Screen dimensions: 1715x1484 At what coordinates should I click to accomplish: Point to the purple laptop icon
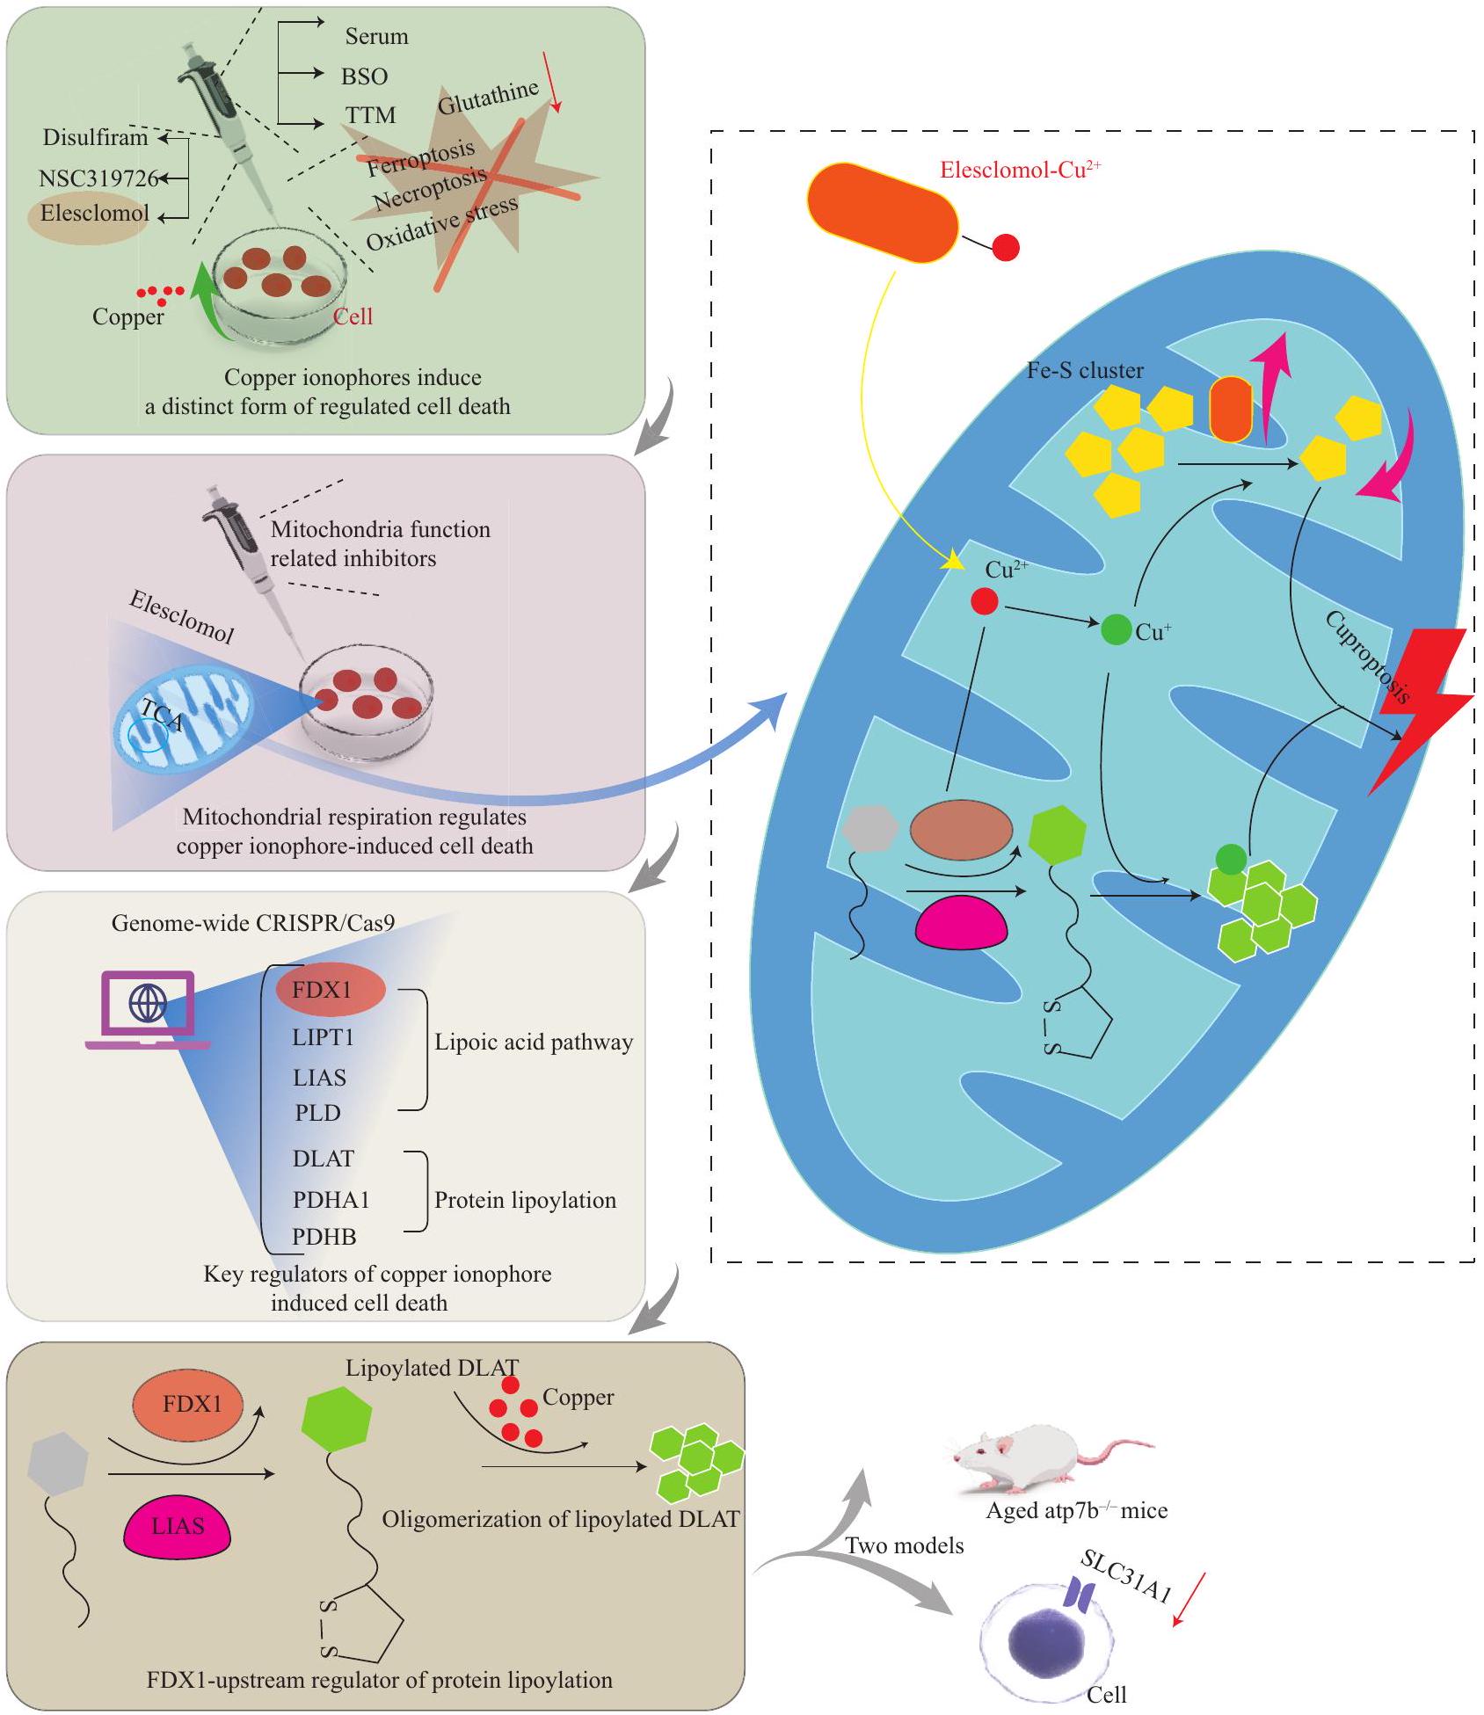click(148, 1010)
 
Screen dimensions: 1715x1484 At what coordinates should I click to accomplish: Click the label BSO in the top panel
click(365, 76)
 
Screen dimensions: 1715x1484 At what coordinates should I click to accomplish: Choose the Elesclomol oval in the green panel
click(94, 214)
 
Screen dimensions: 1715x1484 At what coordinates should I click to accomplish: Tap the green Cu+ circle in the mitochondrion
click(1117, 629)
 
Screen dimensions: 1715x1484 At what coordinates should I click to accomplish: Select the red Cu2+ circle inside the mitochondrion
click(984, 602)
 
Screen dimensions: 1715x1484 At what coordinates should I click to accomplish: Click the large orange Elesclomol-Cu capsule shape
click(883, 211)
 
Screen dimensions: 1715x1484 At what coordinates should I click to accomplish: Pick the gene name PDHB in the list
click(324, 1237)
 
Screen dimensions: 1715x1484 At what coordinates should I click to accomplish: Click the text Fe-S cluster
click(1085, 370)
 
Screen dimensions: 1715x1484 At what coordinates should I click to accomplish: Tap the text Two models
click(905, 1545)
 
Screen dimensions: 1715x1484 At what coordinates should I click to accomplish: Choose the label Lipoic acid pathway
click(534, 1043)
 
